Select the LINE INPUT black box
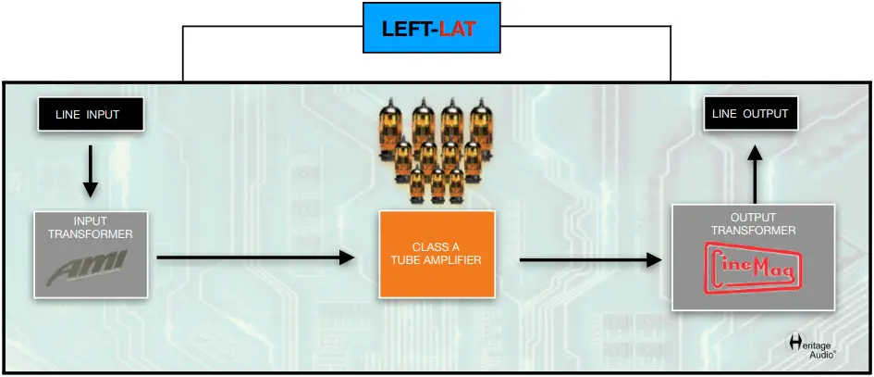[x=91, y=115]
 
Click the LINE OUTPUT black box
[x=750, y=114]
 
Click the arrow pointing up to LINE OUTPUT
[x=754, y=173]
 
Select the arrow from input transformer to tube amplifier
[x=255, y=257]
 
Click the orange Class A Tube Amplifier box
[x=437, y=253]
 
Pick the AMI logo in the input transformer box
[x=91, y=270]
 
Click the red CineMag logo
[x=754, y=269]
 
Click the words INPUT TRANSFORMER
[x=91, y=228]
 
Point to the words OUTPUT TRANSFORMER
[x=754, y=224]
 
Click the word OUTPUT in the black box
[x=768, y=114]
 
